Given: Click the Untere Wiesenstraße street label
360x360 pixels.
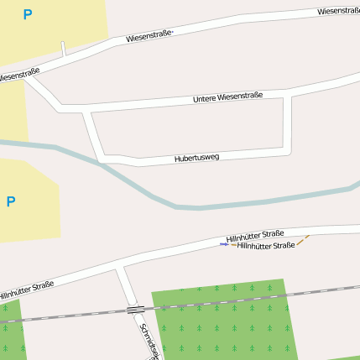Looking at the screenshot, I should (227, 97).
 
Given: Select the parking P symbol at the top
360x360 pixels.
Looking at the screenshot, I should (28, 14).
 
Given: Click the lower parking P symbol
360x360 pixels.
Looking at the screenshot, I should (11, 201).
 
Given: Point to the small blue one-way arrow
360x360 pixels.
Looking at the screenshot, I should (224, 244).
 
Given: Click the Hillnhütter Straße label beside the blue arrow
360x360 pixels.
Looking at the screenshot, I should (266, 246).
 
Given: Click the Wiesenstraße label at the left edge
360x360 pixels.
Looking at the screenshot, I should (18, 76).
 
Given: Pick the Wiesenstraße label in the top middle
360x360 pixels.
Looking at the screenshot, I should (149, 36).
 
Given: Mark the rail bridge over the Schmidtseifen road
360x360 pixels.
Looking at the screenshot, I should (135, 310).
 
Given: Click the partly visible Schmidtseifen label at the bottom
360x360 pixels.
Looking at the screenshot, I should (148, 340).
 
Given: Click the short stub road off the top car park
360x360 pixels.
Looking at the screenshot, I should (64, 49).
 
